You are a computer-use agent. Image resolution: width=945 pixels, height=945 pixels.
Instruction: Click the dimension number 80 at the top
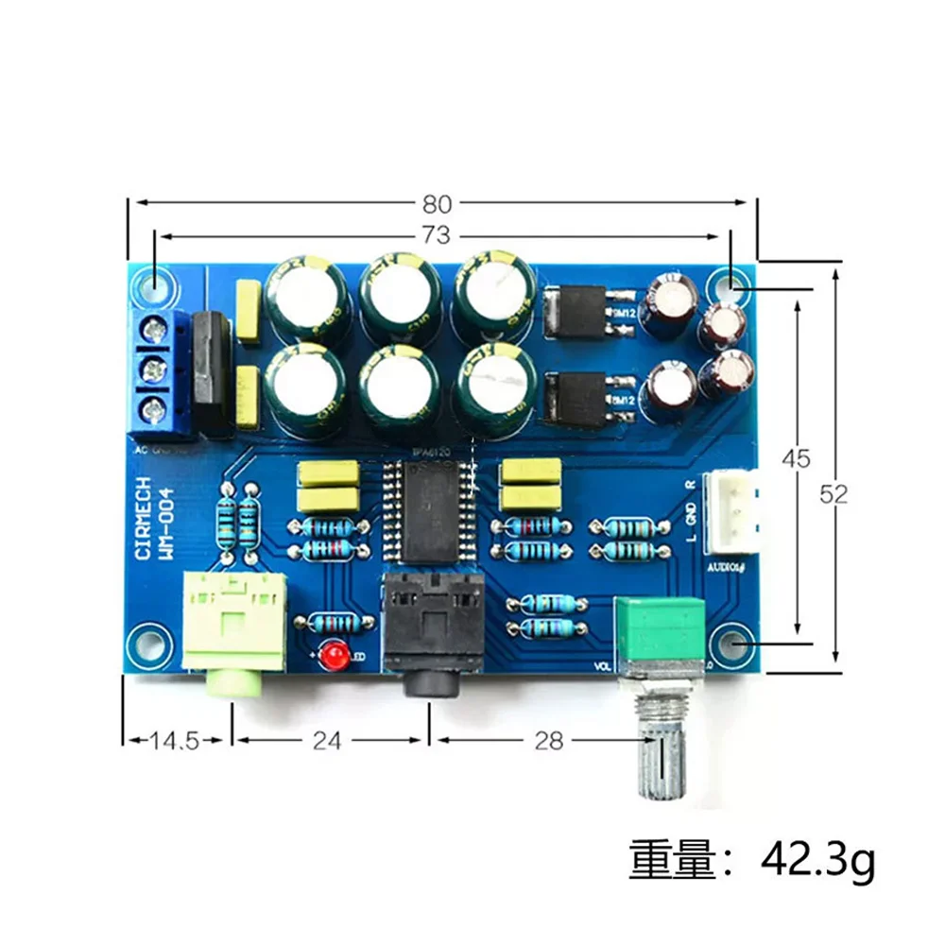click(438, 203)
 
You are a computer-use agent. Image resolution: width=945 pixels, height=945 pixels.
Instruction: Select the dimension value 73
click(437, 234)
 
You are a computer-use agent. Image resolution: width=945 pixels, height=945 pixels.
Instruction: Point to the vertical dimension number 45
click(799, 459)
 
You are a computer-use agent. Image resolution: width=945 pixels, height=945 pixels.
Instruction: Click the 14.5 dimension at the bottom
click(174, 740)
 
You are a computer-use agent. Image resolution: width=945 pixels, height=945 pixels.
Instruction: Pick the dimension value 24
click(326, 740)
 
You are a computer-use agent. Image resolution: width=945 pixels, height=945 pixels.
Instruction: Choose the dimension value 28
click(548, 740)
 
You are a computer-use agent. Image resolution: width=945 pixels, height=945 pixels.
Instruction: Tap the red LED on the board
click(332, 654)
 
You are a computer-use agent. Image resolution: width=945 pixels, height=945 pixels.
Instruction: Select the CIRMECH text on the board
click(144, 517)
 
